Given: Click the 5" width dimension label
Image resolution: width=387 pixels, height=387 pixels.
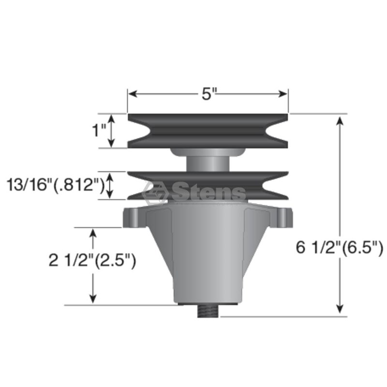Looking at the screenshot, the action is (209, 94).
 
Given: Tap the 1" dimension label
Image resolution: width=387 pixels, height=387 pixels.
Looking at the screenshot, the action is (99, 130).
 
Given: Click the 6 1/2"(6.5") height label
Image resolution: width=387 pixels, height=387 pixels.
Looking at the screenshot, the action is (340, 248).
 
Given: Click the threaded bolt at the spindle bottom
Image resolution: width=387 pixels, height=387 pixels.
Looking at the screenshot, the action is (208, 310).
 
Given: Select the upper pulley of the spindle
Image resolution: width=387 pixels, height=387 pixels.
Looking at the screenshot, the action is (208, 131).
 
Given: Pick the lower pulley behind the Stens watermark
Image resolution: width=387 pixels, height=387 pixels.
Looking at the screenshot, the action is (208, 186).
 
